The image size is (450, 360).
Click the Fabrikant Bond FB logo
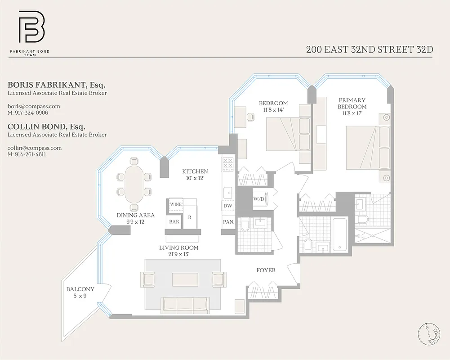31,30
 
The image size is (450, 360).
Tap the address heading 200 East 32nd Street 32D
370,49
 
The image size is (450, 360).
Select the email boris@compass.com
34,106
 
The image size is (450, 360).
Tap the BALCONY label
80,289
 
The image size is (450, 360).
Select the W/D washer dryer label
258,199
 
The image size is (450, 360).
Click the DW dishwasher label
227,206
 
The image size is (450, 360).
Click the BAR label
174,221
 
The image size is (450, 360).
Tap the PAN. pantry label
228,222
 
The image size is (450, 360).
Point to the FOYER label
266,270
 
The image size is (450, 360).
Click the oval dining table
134,184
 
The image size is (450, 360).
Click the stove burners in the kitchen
228,164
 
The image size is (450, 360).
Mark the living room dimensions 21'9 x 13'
178,254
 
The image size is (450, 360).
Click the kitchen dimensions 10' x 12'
195,178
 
